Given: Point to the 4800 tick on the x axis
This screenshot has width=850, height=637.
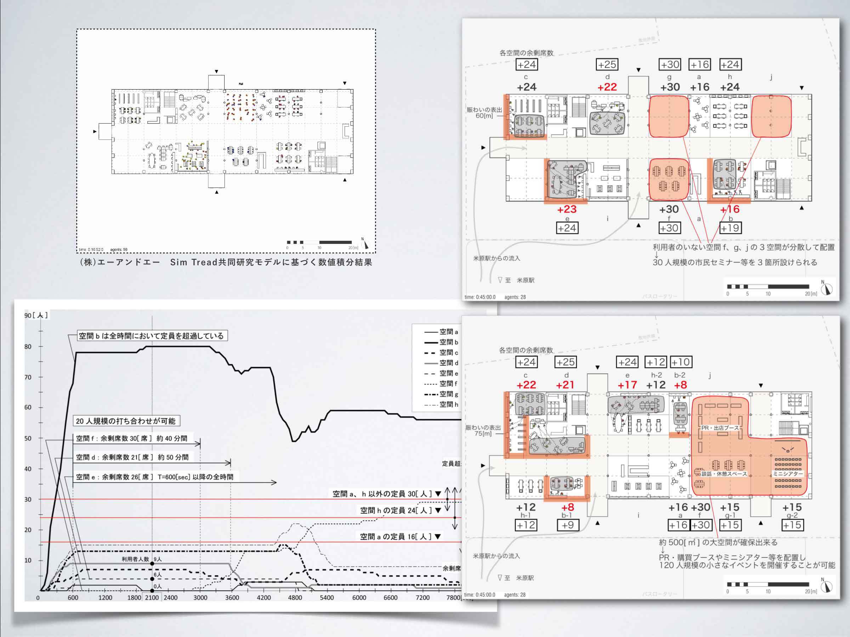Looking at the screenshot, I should click(295, 598).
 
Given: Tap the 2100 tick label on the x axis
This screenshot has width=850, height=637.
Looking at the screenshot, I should click(152, 598).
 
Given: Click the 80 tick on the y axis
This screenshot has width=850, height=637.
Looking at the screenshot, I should click(28, 346).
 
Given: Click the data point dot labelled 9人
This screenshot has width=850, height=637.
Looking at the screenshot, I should click(152, 563).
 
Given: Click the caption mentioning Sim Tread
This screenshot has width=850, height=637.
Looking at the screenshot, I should click(226, 263).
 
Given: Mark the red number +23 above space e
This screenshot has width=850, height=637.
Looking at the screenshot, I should click(567, 209).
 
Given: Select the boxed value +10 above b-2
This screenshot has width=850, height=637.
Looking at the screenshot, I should click(681, 362).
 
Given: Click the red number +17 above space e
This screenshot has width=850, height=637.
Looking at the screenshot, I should click(627, 385).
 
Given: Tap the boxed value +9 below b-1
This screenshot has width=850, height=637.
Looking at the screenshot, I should click(568, 525).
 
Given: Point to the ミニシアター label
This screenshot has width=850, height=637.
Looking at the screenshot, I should click(788, 474).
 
